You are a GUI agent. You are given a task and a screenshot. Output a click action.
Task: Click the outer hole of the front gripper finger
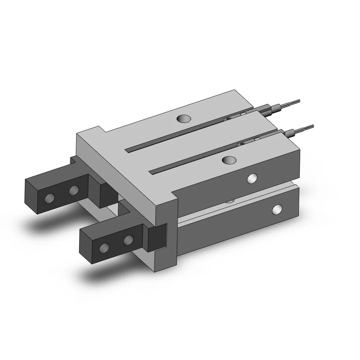[x=105, y=247]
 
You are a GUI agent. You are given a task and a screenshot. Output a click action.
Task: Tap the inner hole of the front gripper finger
[x=128, y=240]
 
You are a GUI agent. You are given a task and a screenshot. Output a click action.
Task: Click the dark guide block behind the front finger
[x=158, y=237]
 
